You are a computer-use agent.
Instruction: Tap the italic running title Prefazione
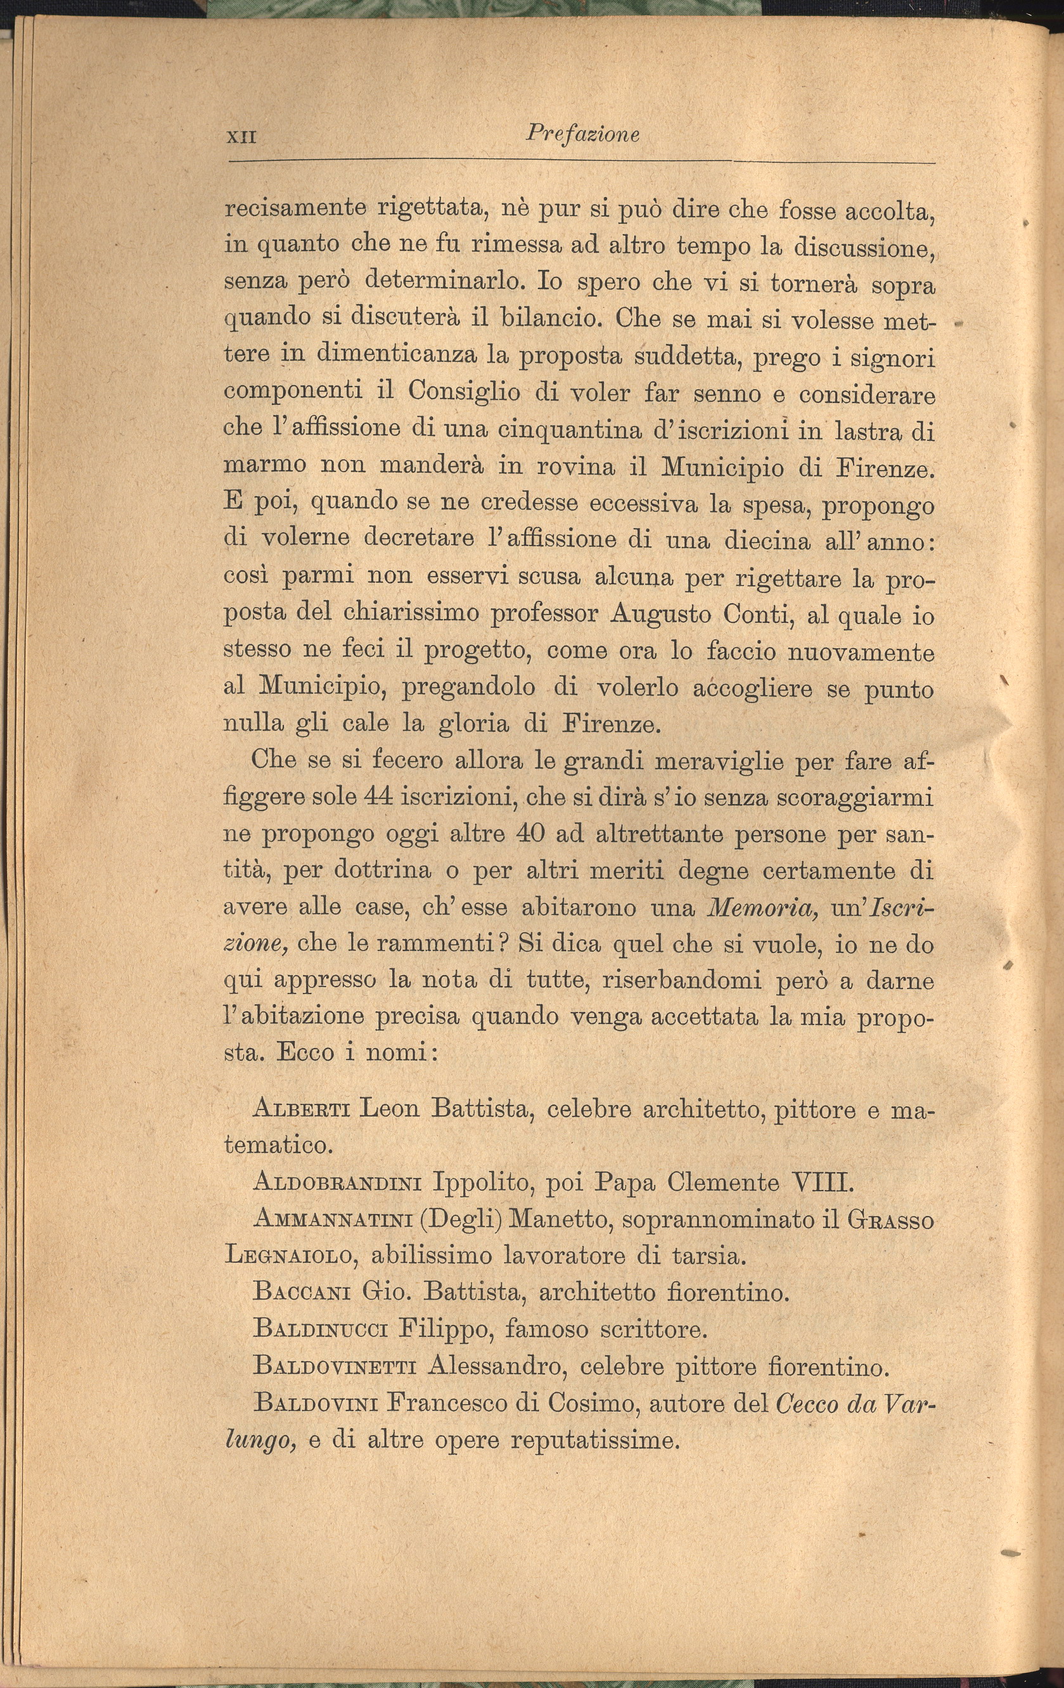click(x=582, y=133)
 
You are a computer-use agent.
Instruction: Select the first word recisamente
click(x=296, y=209)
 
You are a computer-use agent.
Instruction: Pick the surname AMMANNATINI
click(x=333, y=1220)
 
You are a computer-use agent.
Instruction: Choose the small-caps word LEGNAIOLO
click(x=290, y=1256)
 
